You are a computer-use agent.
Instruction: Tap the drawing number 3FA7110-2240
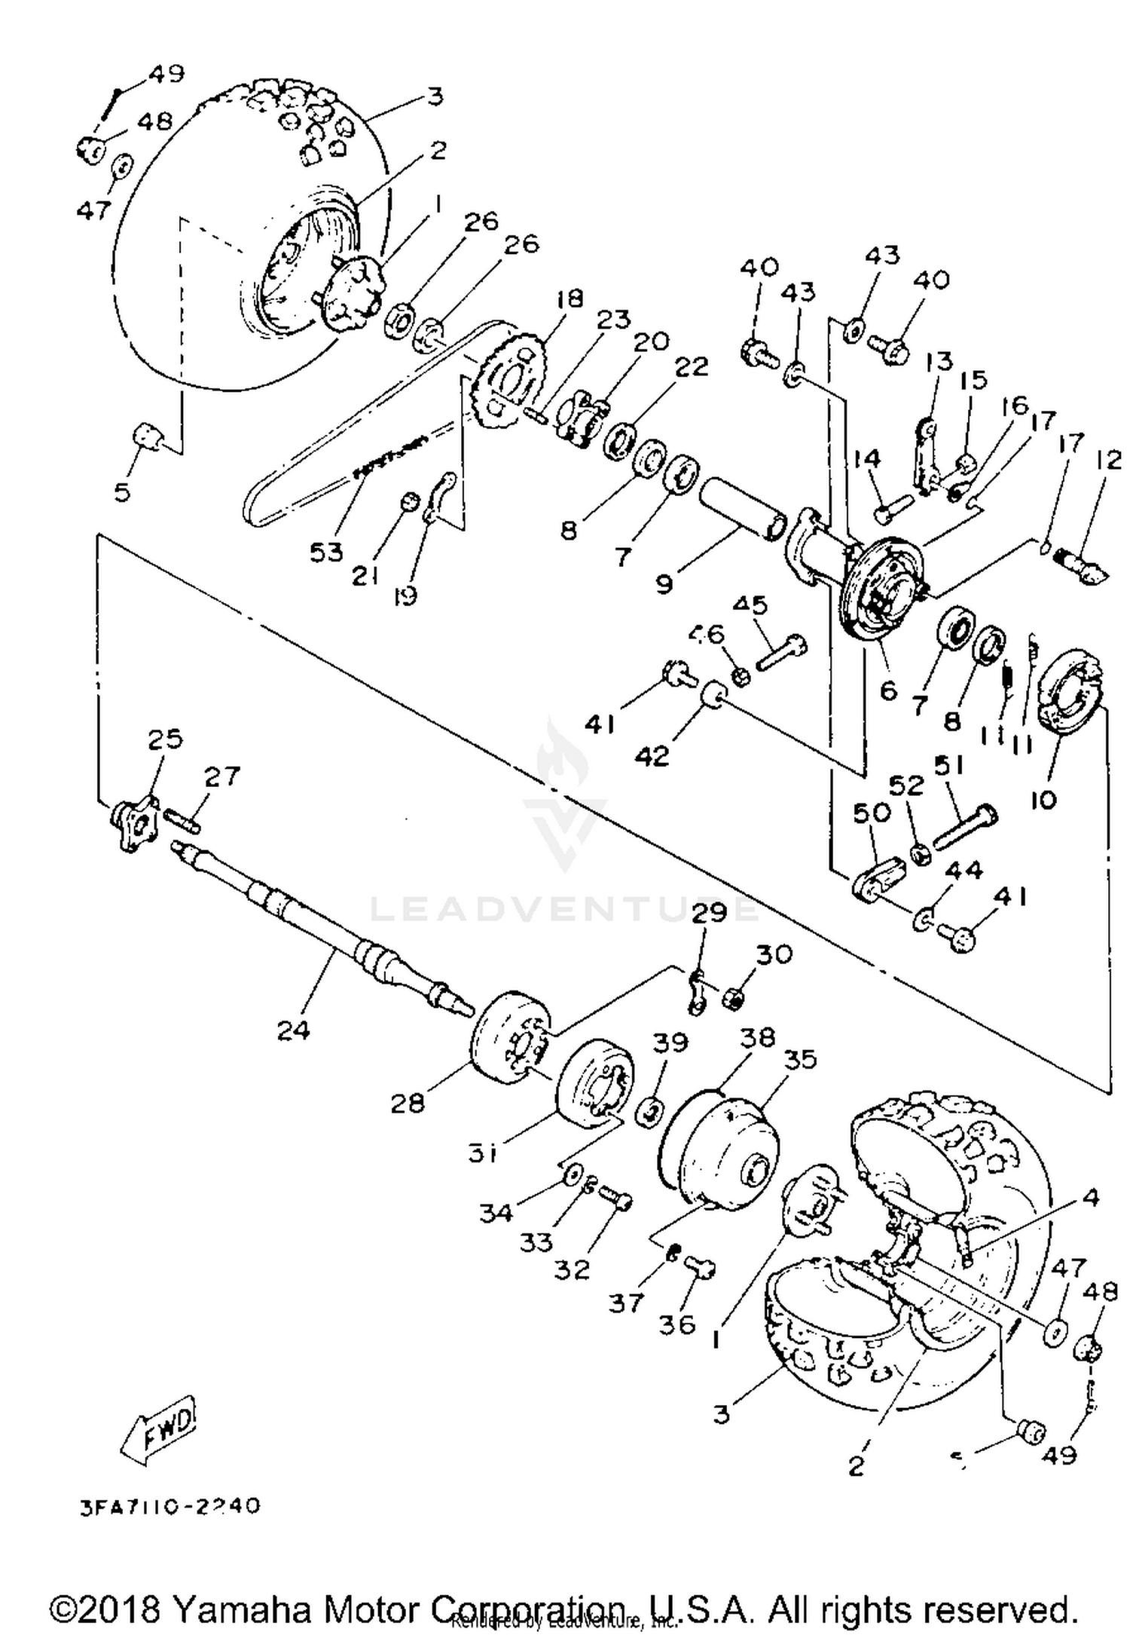[170, 1505]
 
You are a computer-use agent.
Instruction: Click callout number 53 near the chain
[326, 551]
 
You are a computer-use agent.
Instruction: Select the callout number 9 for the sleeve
[664, 583]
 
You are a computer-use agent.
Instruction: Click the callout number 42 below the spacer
[652, 755]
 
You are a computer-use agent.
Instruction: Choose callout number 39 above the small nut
[670, 1043]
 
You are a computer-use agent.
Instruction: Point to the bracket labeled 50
[878, 877]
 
